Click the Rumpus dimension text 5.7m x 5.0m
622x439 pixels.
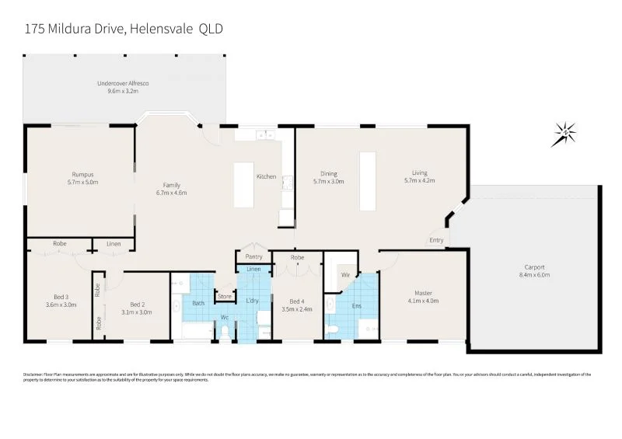point(82,182)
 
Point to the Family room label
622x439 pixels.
point(171,185)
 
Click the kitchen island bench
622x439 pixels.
point(244,184)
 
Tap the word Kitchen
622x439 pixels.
point(267,176)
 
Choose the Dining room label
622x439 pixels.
point(328,173)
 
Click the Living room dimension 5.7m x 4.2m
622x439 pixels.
point(420,181)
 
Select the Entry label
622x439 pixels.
point(436,240)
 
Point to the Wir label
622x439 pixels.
point(345,275)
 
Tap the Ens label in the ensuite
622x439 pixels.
point(358,306)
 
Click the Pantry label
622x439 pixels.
point(253,256)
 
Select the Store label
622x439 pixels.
point(225,296)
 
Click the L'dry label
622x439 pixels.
point(253,301)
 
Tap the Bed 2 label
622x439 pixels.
point(137,304)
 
